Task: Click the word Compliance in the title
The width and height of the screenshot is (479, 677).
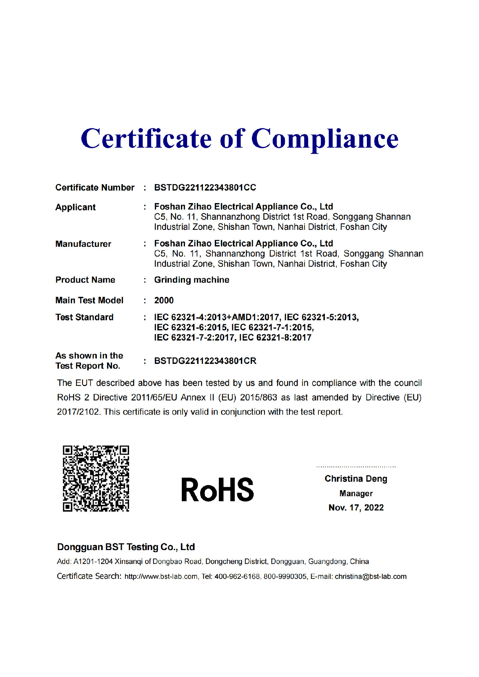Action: pyautogui.click(x=325, y=139)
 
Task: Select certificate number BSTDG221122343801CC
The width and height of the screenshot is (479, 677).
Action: pyautogui.click(x=205, y=188)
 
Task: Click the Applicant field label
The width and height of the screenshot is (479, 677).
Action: pyautogui.click(x=76, y=207)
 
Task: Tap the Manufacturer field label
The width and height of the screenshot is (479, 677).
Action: pyautogui.click(x=83, y=244)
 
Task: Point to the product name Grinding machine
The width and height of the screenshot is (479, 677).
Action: pyautogui.click(x=192, y=280)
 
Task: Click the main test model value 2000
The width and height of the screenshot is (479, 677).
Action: pyautogui.click(x=164, y=300)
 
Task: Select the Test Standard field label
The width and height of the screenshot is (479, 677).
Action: pyautogui.click(x=84, y=317)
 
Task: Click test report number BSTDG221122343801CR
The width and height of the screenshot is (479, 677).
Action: pyautogui.click(x=205, y=361)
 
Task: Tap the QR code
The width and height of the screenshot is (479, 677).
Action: pyautogui.click(x=96, y=478)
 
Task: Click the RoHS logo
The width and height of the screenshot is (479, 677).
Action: pyautogui.click(x=217, y=489)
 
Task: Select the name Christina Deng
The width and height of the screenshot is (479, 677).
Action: pyautogui.click(x=356, y=479)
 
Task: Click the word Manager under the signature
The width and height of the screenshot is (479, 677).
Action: pyautogui.click(x=356, y=494)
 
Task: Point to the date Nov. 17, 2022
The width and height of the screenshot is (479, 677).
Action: pyautogui.click(x=356, y=508)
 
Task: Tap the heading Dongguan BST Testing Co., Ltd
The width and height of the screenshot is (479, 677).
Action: pyautogui.click(x=126, y=547)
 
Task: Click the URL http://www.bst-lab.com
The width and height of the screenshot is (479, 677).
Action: pyautogui.click(x=161, y=576)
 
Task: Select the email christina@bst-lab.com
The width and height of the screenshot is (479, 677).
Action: pyautogui.click(x=371, y=576)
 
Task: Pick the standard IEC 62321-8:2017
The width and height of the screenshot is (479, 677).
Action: pyautogui.click(x=275, y=337)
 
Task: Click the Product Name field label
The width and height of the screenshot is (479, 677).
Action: pyautogui.click(x=85, y=280)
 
